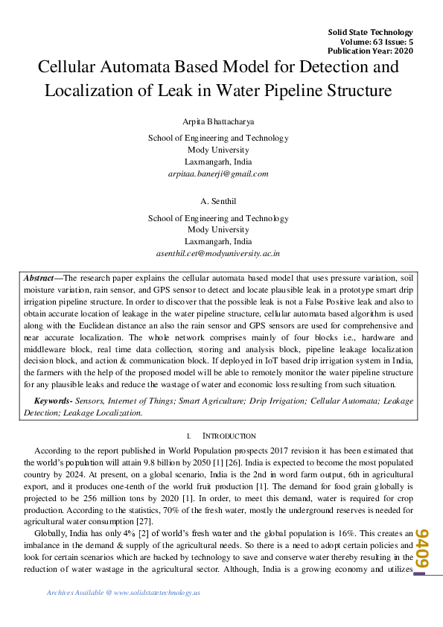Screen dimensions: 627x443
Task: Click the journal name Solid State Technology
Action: pos(370,32)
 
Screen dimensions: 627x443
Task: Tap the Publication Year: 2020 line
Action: pos(370,51)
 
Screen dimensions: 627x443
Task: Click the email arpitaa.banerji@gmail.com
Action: pos(218,174)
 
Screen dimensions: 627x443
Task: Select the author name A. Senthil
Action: pos(218,201)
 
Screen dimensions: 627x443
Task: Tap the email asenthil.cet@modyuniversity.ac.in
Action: pos(218,254)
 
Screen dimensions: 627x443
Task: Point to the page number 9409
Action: pos(423,548)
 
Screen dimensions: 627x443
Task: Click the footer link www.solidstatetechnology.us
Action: pos(158,593)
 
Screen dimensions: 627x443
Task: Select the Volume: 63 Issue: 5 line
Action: pos(370,42)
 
